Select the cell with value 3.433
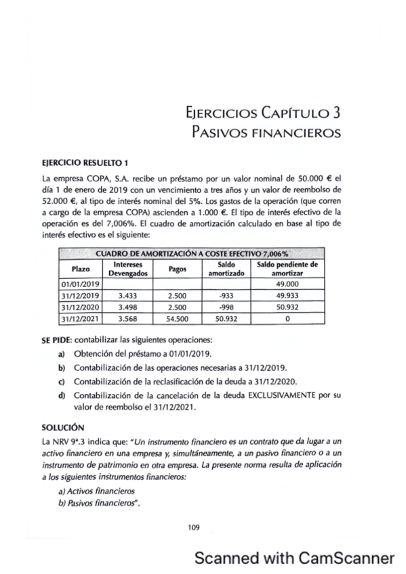point(124,295)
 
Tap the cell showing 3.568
point(124,317)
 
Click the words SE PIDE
point(57,338)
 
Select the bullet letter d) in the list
point(62,394)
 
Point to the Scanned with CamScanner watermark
point(293,557)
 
